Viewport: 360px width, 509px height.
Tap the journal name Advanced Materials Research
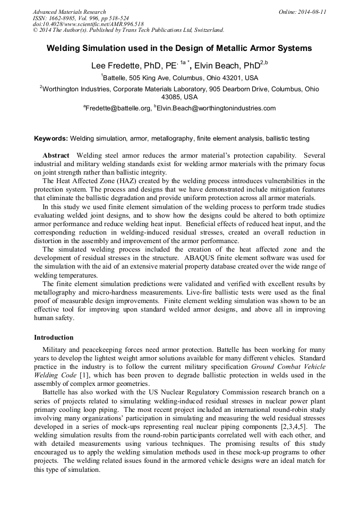coord(69,12)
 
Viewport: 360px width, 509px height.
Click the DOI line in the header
coord(88,24)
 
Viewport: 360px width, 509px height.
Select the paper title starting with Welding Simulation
coord(179,48)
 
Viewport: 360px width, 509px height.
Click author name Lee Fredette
coord(115,66)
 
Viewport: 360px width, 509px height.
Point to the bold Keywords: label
coord(51,139)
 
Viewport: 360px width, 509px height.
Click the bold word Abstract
coord(56,155)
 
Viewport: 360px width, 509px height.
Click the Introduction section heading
coord(54,338)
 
